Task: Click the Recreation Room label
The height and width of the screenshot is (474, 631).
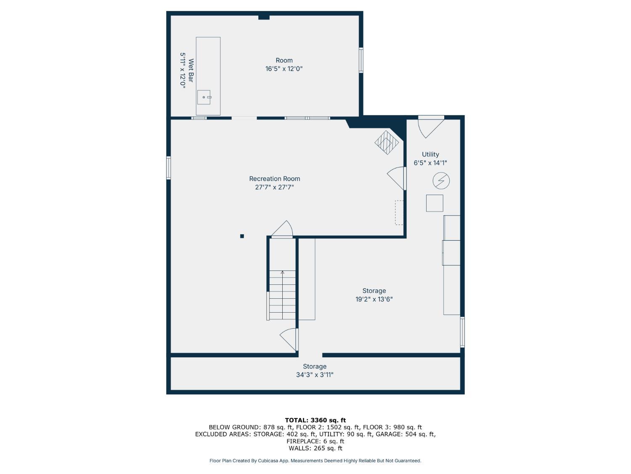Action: pyautogui.click(x=274, y=179)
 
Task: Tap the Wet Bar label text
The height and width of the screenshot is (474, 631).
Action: pyautogui.click(x=191, y=70)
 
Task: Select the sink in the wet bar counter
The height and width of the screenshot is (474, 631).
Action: pyautogui.click(x=204, y=97)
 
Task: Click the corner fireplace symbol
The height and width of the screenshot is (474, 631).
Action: pyautogui.click(x=386, y=142)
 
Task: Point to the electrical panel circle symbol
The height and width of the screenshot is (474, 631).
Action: pyautogui.click(x=441, y=181)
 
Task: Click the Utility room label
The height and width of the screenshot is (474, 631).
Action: pyautogui.click(x=430, y=154)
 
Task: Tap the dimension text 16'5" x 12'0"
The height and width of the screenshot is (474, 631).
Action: pyautogui.click(x=284, y=69)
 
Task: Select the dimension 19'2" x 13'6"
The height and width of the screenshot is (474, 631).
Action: pyautogui.click(x=374, y=299)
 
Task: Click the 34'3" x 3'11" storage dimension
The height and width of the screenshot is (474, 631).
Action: pyautogui.click(x=315, y=375)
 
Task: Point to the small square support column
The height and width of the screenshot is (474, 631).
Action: pyautogui.click(x=242, y=236)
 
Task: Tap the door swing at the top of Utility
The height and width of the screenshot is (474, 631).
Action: pyautogui.click(x=430, y=127)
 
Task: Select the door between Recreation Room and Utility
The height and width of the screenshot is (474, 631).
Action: pyautogui.click(x=396, y=178)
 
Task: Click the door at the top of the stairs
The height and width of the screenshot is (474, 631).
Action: pyautogui.click(x=282, y=229)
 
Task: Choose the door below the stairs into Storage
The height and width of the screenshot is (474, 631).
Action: pyautogui.click(x=289, y=340)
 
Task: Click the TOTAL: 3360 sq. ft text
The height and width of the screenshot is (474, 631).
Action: pyautogui.click(x=315, y=420)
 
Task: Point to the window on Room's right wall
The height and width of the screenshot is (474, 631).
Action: pyautogui.click(x=361, y=60)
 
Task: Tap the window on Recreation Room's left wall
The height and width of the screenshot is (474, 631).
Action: pyautogui.click(x=168, y=168)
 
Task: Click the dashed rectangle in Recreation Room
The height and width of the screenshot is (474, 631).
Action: pyautogui.click(x=399, y=213)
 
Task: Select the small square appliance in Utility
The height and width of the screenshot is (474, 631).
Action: pyautogui.click(x=435, y=203)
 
